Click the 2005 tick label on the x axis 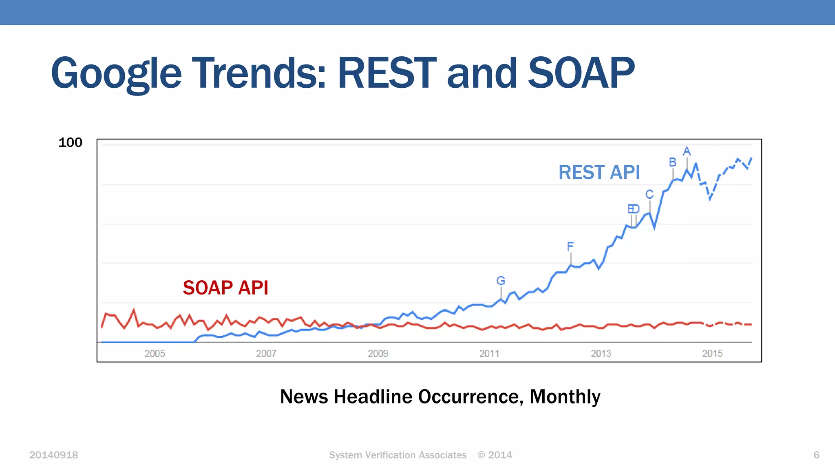(x=155, y=353)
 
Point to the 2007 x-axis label (x=266, y=353)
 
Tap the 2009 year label (x=378, y=353)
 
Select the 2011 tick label (x=489, y=353)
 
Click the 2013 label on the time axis (x=601, y=353)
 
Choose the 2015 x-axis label (x=712, y=353)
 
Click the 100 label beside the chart (x=70, y=142)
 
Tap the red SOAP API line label (x=225, y=288)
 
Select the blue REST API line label (x=599, y=172)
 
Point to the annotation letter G (x=501, y=281)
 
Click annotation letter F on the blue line (x=570, y=246)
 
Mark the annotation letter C (x=649, y=194)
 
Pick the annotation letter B (x=673, y=162)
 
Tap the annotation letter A (x=687, y=151)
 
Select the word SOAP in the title (x=581, y=73)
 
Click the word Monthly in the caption (x=565, y=397)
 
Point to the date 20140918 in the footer (x=53, y=455)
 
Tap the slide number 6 (x=816, y=455)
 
